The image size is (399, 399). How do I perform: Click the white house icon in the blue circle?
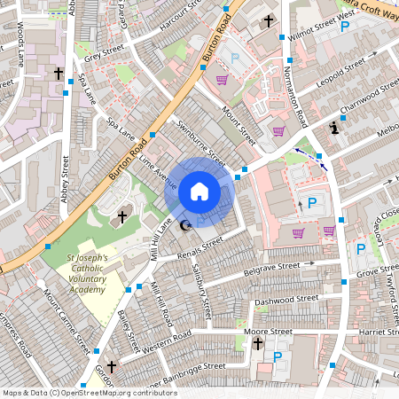click(x=199, y=191)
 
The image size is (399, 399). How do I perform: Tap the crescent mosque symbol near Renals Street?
click(x=185, y=227)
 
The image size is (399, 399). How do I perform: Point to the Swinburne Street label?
click(x=201, y=142)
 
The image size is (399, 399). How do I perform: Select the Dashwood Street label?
click(x=286, y=301)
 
